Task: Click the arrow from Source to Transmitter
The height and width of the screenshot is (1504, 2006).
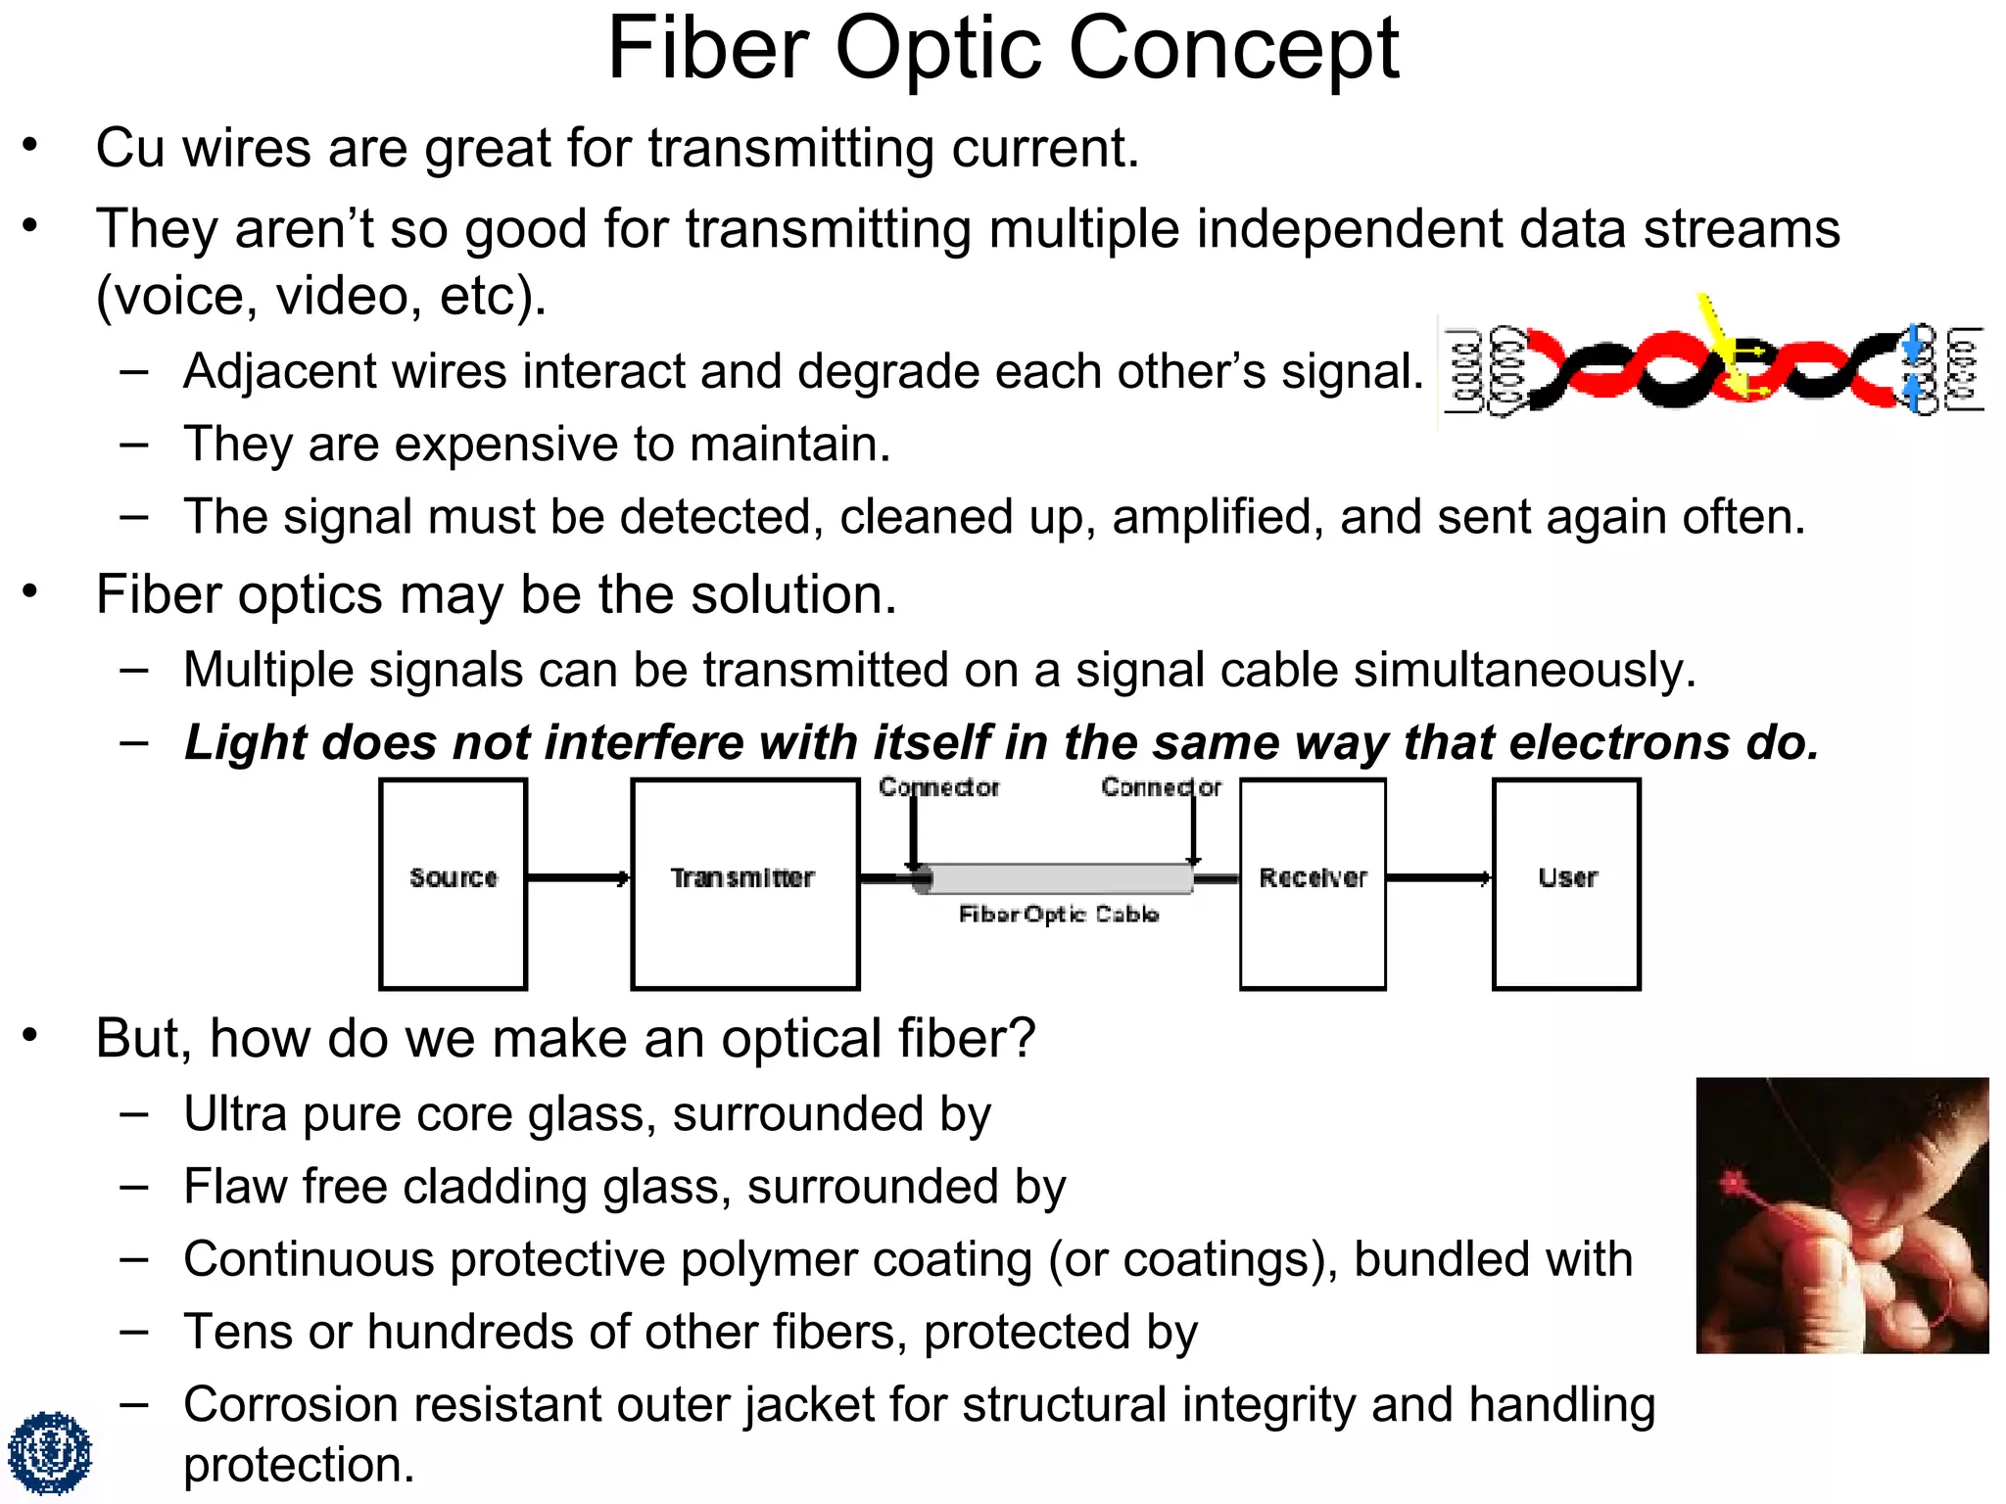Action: point(578,877)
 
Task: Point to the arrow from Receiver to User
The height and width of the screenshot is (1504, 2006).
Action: point(1439,877)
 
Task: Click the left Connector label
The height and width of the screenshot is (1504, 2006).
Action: point(938,787)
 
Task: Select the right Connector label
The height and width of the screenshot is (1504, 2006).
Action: point(1161,787)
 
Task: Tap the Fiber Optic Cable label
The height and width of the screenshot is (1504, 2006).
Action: point(1059,915)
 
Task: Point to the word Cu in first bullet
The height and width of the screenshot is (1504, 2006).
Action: point(129,149)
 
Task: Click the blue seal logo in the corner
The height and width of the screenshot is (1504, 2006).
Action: point(49,1453)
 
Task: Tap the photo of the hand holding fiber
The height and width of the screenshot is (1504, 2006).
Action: point(1841,1215)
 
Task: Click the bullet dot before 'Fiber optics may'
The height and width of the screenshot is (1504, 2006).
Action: point(30,591)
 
